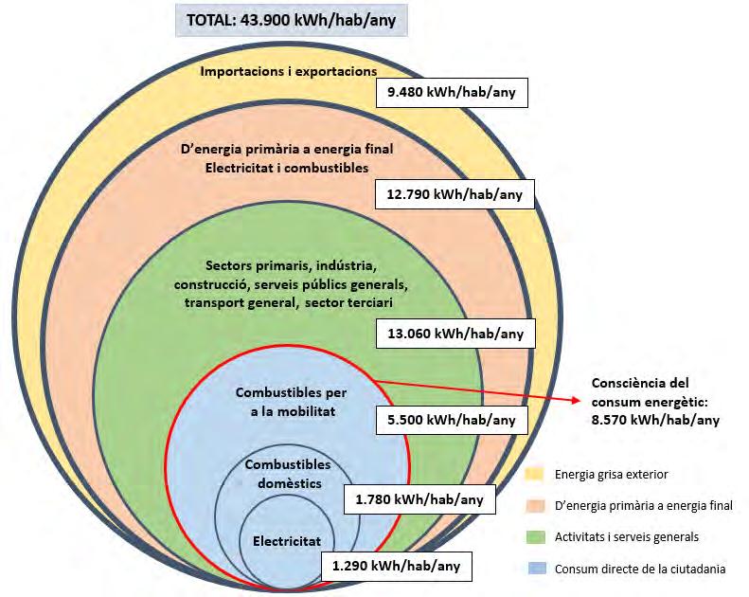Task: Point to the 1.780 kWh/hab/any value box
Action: pyautogui.click(x=419, y=499)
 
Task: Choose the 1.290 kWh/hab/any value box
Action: pyautogui.click(x=396, y=567)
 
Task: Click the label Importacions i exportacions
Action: pyautogui.click(x=289, y=71)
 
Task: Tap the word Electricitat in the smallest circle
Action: pyautogui.click(x=287, y=542)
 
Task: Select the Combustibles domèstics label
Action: pyautogui.click(x=288, y=473)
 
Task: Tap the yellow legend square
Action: pyautogui.click(x=535, y=474)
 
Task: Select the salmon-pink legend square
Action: pyautogui.click(x=535, y=505)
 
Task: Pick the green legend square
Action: pyautogui.click(x=535, y=536)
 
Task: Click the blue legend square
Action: pyautogui.click(x=535, y=569)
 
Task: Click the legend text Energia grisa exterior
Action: pyautogui.click(x=611, y=474)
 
